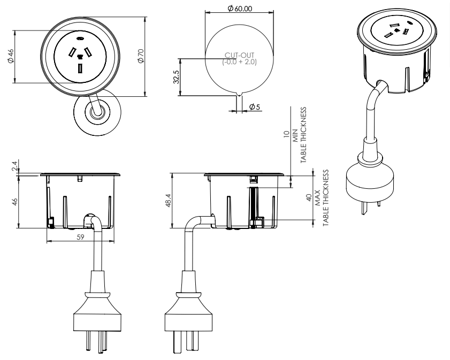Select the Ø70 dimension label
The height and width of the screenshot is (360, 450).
tap(140, 56)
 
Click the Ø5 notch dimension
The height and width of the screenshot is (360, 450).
tap(254, 108)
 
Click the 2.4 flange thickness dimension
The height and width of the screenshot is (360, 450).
tap(14, 167)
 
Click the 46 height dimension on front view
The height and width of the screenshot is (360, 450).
tap(14, 202)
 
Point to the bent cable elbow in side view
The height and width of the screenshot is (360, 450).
tap(194, 222)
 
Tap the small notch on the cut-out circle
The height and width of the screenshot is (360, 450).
tap(239, 95)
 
